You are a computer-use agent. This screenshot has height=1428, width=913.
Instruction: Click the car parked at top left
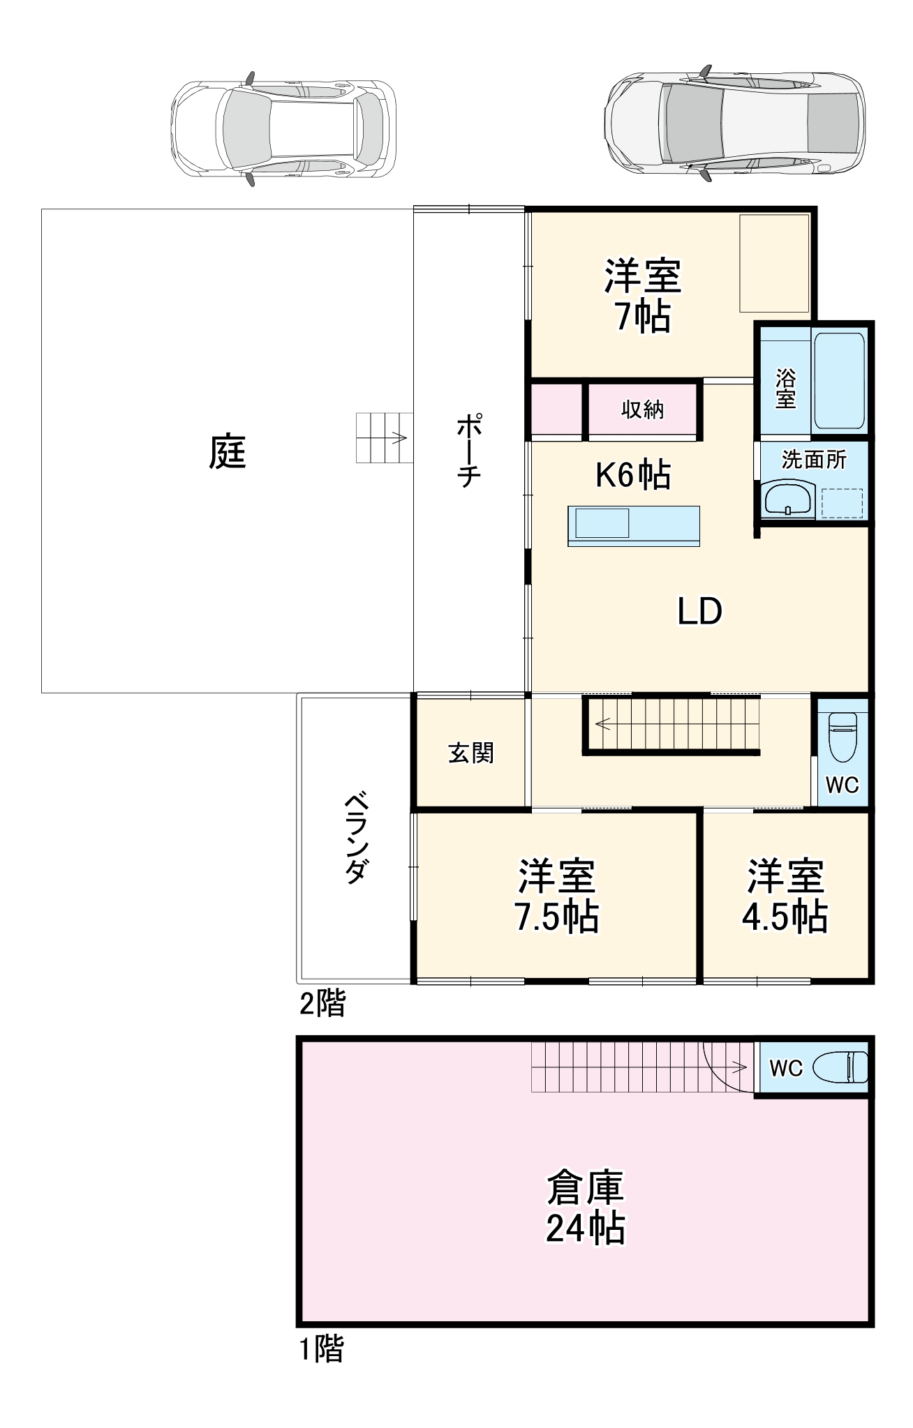point(283,128)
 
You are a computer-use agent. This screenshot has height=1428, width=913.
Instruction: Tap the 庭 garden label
point(228,451)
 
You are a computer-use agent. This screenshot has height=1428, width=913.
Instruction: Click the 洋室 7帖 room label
point(642,296)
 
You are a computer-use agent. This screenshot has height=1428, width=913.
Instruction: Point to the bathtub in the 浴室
point(839,381)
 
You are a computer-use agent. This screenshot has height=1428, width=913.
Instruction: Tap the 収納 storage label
point(642,409)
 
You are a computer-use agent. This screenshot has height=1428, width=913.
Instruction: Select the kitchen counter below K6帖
point(633,525)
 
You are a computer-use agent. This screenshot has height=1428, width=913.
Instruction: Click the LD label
point(699,612)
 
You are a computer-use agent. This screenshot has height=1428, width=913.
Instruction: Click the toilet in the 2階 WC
point(842,738)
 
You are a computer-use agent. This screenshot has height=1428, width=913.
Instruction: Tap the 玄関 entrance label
point(471,753)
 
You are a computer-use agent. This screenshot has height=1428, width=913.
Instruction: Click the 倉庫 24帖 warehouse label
point(585,1208)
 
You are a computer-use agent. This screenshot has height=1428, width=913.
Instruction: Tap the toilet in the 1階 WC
point(844,1067)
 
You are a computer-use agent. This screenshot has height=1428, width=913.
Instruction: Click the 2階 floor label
point(322,1004)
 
